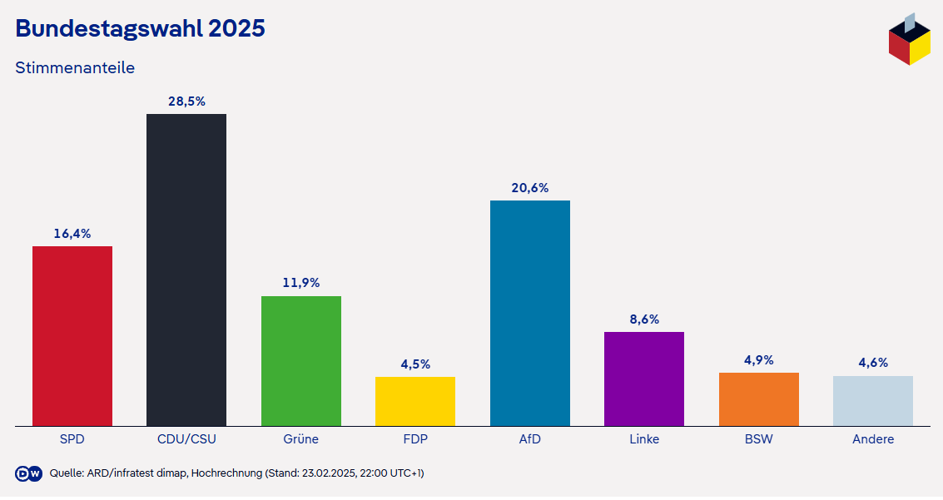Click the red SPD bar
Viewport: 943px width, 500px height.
pyautogui.click(x=72, y=336)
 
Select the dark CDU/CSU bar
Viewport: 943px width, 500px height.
pyautogui.click(x=186, y=270)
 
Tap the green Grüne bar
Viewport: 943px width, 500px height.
pyautogui.click(x=300, y=361)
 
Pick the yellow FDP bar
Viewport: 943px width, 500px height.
pyautogui.click(x=415, y=401)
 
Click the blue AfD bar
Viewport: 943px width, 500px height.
pyautogui.click(x=529, y=314)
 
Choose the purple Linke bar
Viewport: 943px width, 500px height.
pyautogui.click(x=644, y=379)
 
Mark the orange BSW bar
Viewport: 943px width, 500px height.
pyautogui.click(x=758, y=399)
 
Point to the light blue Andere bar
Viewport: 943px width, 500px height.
pyautogui.click(x=873, y=401)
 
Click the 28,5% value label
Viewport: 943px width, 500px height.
pyautogui.click(x=186, y=101)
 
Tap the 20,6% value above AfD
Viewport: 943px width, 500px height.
pyautogui.click(x=529, y=188)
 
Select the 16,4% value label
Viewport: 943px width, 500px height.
pyautogui.click(x=72, y=234)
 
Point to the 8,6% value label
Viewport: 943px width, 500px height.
pyautogui.click(x=644, y=319)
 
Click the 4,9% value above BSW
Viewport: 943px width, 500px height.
pyautogui.click(x=758, y=360)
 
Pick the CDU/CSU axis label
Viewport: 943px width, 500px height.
pyautogui.click(x=186, y=439)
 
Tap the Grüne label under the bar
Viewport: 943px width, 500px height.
pyautogui.click(x=300, y=439)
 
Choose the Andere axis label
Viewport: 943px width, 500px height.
pyautogui.click(x=873, y=439)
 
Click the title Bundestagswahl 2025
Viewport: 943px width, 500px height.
pyautogui.click(x=140, y=28)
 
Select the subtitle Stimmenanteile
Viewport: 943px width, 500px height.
pyautogui.click(x=75, y=67)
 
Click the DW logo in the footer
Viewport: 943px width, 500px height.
pyautogui.click(x=29, y=473)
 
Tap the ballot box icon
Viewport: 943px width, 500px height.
pyautogui.click(x=909, y=40)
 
